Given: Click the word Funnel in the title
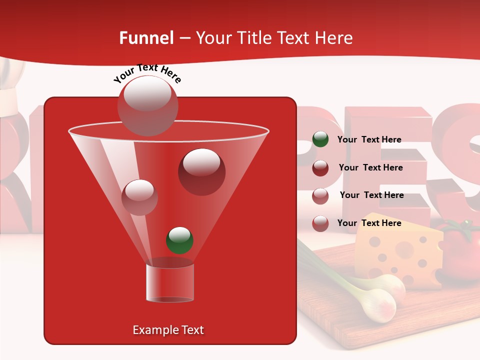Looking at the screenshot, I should [146, 38].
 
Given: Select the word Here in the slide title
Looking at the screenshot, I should [332, 38].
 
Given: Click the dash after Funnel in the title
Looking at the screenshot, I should [184, 38].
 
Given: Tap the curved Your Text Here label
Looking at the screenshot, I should [147, 73].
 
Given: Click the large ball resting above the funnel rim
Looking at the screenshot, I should [147, 105].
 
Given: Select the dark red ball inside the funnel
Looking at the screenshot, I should [201, 172].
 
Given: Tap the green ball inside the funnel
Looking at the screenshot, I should [179, 240].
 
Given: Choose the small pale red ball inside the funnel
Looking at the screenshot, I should [139, 197].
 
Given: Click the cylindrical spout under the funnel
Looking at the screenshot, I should [169, 282].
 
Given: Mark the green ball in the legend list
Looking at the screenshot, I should [320, 139].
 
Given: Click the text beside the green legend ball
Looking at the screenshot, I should [369, 139].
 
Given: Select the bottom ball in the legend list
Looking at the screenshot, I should [320, 223].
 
